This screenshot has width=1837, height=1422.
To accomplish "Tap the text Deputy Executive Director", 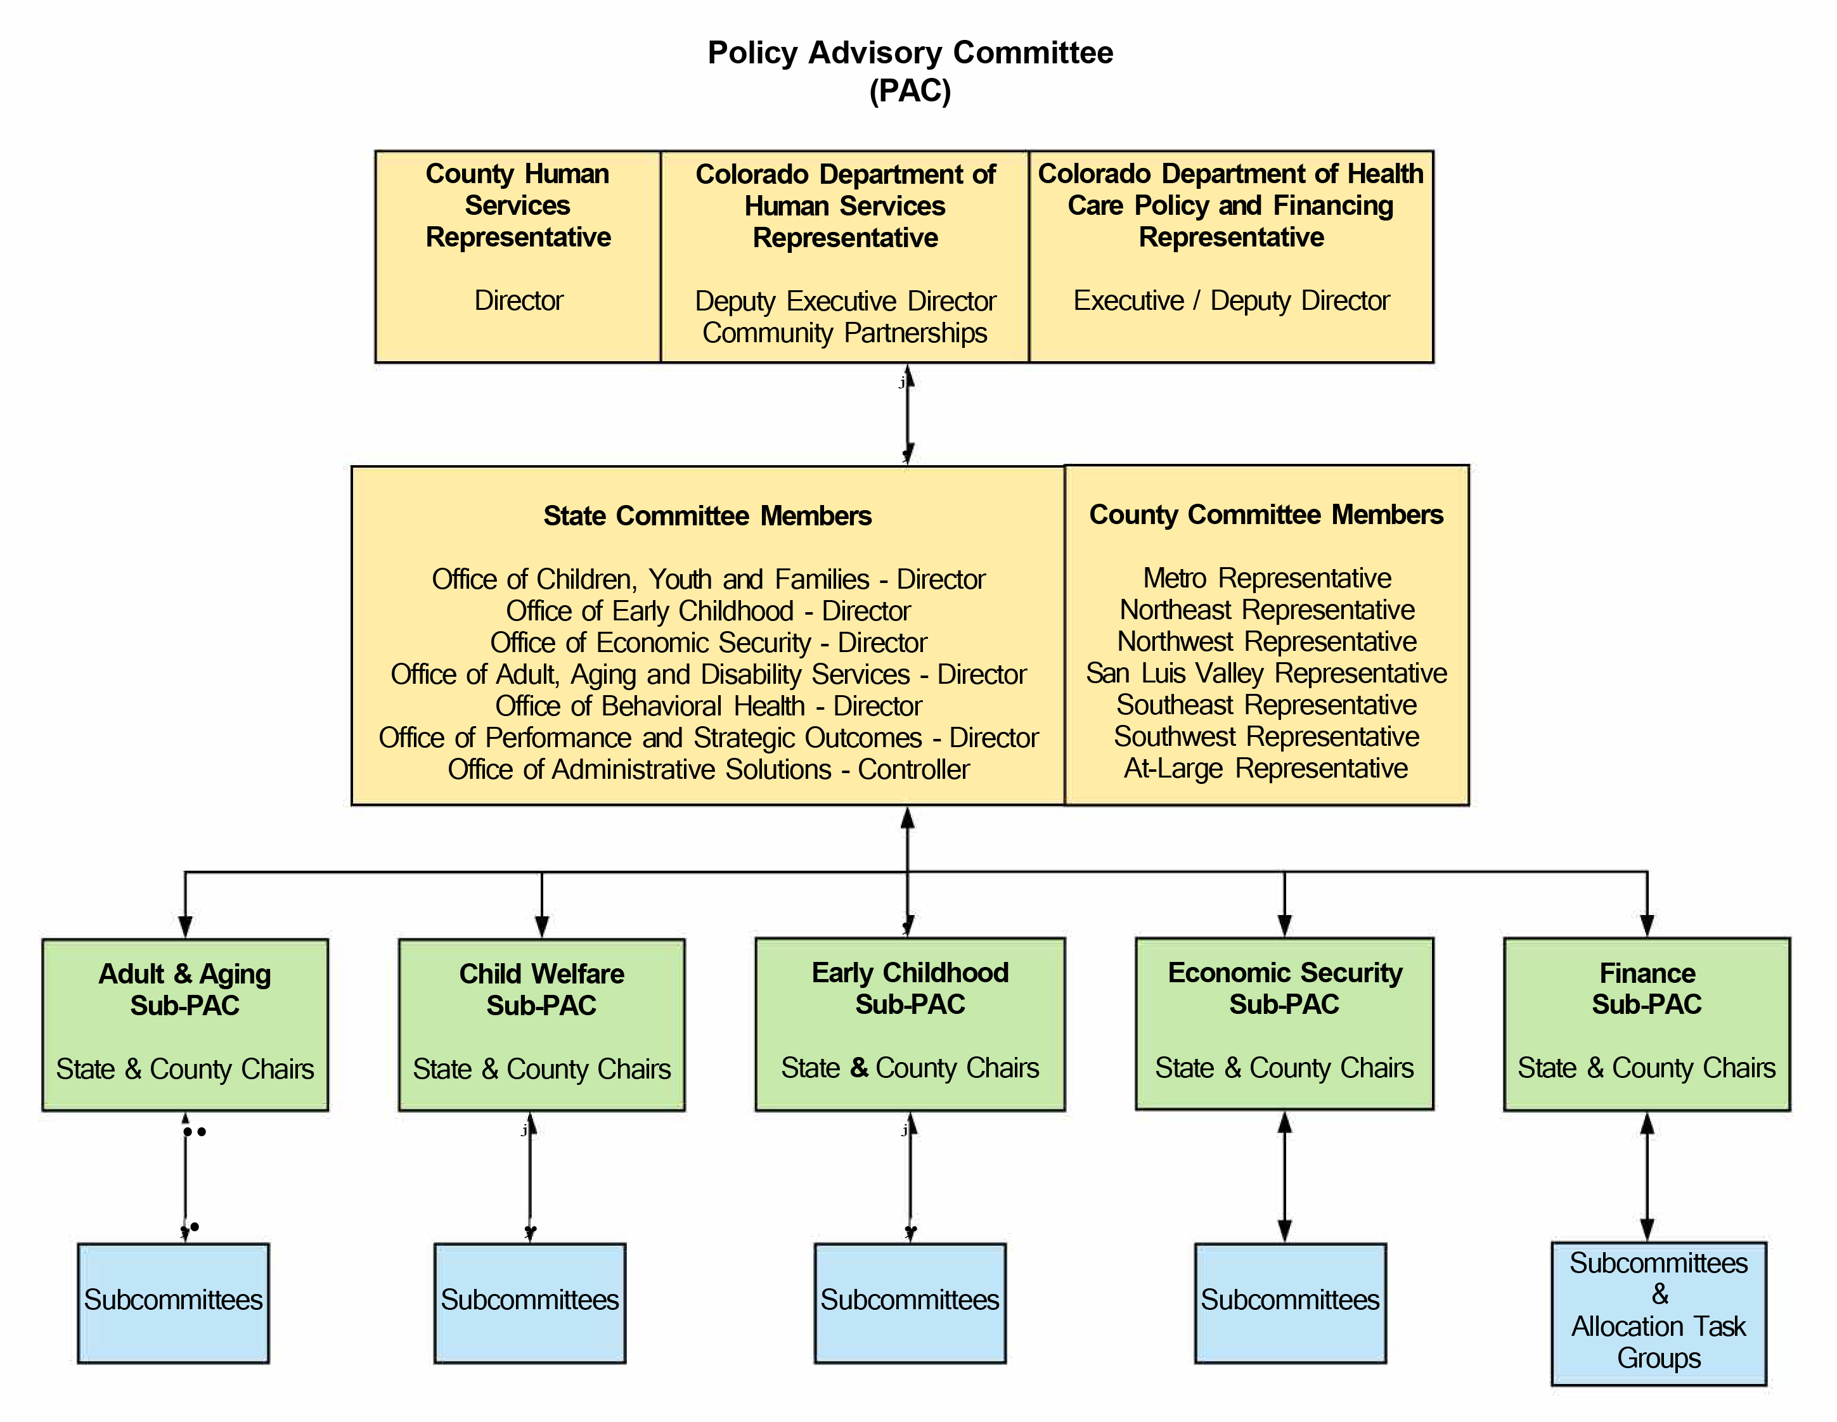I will pos(844,300).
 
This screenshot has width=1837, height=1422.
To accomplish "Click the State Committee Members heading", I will pos(707,515).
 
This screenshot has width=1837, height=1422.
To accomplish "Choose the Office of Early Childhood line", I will pos(707,610).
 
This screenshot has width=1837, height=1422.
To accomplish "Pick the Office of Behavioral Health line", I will pos(707,705).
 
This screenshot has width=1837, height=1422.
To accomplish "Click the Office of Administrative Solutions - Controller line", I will pos(707,769).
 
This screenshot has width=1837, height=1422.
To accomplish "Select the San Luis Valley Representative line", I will pos(1266,673).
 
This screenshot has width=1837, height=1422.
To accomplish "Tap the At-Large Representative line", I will pos(1266,768).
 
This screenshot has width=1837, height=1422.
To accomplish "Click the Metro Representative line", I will pos(1266,578).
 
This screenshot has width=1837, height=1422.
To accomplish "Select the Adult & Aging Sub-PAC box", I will pos(185,1024).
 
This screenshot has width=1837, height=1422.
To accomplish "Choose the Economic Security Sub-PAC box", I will pos(1284,1023).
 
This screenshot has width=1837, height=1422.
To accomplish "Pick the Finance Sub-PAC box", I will pos(1646,1023).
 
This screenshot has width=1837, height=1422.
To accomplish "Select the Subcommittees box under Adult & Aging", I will pos(173,1302).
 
